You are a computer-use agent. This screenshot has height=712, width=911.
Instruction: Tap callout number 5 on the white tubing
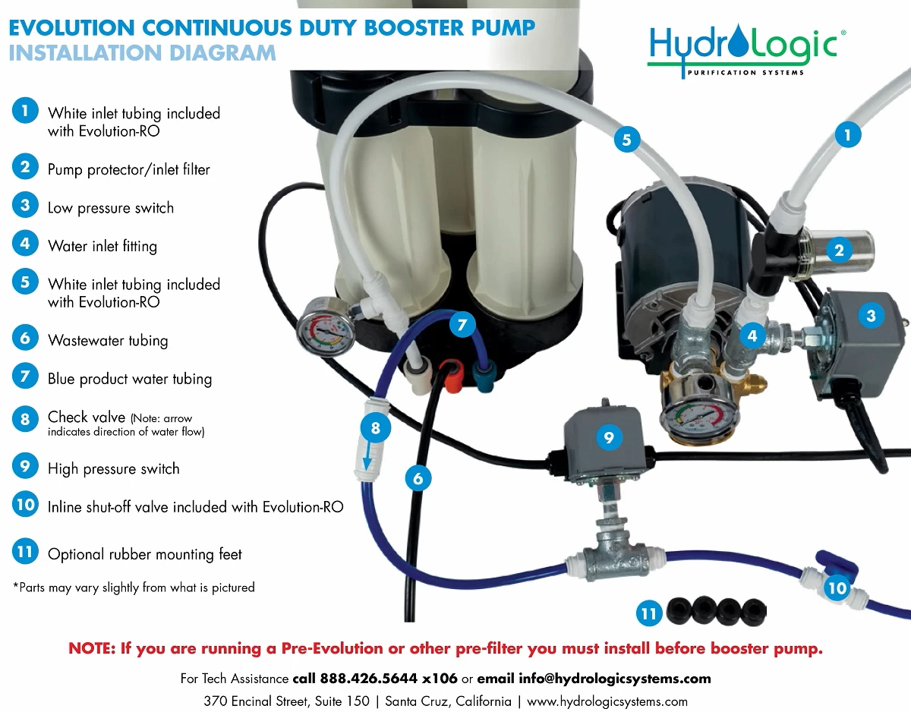[x=627, y=140]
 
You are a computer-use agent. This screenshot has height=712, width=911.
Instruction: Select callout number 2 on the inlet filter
[x=839, y=250]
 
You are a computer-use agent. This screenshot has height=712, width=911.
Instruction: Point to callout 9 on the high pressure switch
[x=609, y=437]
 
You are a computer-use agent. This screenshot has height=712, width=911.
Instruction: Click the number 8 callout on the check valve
[x=375, y=428]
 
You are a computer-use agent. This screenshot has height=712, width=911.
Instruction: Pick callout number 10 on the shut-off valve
[x=837, y=588]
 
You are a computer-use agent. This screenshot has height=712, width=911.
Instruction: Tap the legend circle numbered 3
[x=25, y=206]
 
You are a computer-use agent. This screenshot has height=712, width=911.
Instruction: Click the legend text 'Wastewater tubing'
[x=108, y=341]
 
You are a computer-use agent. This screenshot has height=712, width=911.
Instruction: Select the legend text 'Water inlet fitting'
[x=102, y=247]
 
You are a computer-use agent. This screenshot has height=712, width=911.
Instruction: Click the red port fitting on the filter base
[x=452, y=375]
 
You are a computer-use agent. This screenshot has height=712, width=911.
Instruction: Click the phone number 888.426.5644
[x=368, y=679]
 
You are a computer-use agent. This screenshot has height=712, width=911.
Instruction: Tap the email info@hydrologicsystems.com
[x=615, y=679]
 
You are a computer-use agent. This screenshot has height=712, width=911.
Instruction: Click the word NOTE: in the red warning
[x=92, y=648]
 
